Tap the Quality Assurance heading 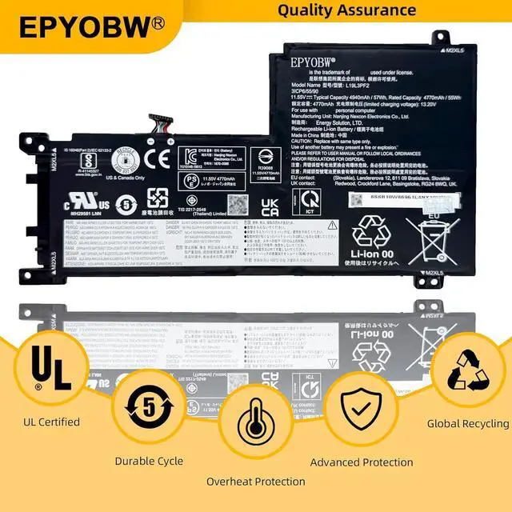click(347, 10)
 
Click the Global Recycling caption click(467, 423)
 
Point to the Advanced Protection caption click(362, 462)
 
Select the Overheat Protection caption click(255, 482)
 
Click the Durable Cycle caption click(149, 461)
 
